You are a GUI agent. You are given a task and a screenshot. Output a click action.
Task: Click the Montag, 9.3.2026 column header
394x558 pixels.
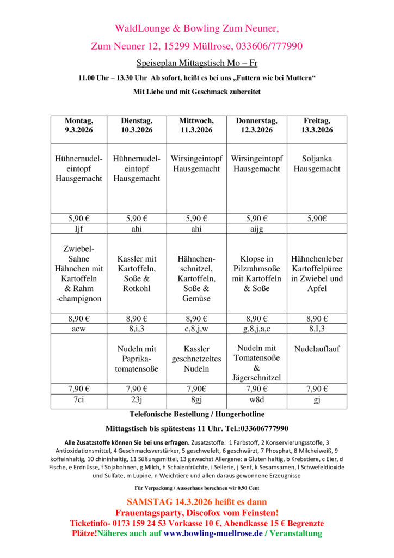[79, 125]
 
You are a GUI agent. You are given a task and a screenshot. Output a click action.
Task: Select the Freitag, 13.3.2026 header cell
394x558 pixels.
[317, 125]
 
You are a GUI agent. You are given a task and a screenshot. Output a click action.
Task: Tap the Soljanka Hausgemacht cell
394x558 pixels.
[317, 164]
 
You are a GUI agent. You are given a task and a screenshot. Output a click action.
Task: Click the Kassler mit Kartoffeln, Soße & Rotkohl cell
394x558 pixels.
[137, 274]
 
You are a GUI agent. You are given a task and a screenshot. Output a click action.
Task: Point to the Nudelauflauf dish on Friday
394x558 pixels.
[317, 349]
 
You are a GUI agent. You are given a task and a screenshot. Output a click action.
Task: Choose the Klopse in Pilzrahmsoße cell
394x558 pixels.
[256, 274]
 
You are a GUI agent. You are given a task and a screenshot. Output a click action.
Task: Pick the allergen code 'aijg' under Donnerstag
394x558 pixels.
[256, 229]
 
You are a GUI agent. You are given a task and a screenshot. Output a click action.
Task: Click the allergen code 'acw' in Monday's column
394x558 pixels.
[79, 329]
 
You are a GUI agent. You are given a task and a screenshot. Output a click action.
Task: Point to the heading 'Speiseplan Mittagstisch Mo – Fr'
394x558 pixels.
[197, 63]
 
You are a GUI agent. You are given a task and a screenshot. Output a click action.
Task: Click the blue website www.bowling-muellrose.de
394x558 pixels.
[213, 533]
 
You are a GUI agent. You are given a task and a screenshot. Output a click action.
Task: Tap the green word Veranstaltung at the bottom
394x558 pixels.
[296, 533]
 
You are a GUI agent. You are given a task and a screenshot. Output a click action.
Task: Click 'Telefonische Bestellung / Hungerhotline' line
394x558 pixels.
[197, 415]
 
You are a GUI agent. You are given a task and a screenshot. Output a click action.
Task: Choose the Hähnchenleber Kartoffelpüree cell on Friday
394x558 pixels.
[317, 274]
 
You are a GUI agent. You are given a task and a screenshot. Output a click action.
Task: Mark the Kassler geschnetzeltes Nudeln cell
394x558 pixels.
[196, 359]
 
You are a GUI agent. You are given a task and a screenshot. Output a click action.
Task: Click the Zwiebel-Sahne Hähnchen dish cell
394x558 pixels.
[79, 274]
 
